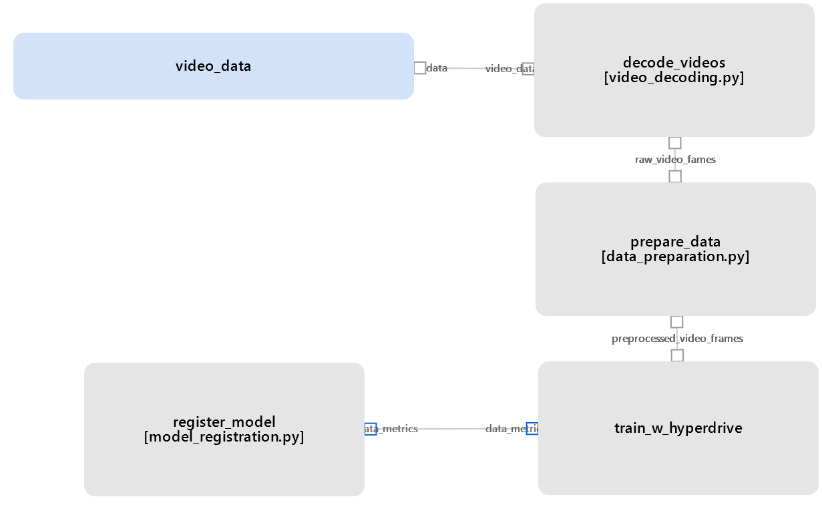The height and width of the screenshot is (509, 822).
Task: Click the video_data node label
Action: coord(213,66)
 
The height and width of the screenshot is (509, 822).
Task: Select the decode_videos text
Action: coord(674,63)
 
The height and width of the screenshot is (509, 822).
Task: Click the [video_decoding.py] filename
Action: coord(674,77)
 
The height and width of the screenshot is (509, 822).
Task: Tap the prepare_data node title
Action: coord(675,242)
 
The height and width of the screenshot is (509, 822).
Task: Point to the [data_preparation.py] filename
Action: coord(675,257)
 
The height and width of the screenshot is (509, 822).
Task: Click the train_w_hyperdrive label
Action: coord(678,428)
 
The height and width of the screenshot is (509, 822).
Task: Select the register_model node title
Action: coord(224,422)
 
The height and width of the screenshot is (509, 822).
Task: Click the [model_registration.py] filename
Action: coord(224,437)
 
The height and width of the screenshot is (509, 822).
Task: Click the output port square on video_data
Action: coord(419,67)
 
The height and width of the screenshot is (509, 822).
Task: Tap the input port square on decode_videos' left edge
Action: coord(528,69)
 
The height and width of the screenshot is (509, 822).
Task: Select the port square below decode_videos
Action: coord(674,143)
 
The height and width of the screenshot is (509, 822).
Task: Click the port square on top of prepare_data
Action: coord(675,176)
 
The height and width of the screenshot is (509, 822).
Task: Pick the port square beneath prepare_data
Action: coord(676,322)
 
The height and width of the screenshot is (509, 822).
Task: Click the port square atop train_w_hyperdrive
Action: coord(677,355)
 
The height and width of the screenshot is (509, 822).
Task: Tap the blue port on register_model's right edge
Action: coord(371,429)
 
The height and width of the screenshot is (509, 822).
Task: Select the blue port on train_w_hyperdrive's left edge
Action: coord(532,429)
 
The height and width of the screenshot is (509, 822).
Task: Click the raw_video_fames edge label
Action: coord(675,160)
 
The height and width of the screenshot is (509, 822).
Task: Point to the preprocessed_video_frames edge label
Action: coord(677,339)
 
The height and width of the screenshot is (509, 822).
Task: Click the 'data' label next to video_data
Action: coord(437,68)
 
